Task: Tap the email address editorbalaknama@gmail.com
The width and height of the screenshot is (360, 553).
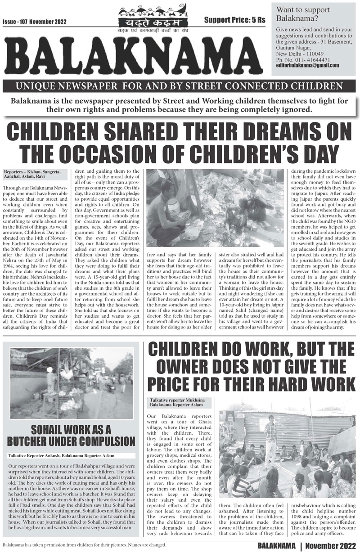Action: pyautogui.click(x=307, y=66)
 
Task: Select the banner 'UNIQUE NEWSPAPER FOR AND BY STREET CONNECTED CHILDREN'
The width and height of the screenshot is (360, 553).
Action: pyautogui.click(x=180, y=85)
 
